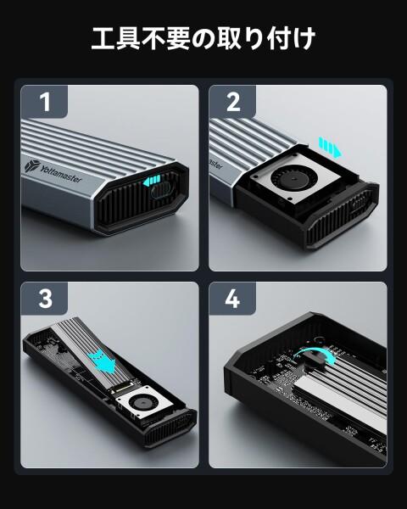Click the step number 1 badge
[44, 102]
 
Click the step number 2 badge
[232, 102]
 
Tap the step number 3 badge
[44, 299]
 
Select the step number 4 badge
[232, 299]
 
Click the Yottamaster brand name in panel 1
[61, 174]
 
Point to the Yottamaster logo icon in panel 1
[32, 166]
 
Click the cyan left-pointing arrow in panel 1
[152, 181]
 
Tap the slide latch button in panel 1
[160, 190]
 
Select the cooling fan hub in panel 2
[293, 179]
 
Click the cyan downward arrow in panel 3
[103, 361]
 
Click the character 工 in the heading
[103, 39]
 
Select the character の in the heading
[203, 39]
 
